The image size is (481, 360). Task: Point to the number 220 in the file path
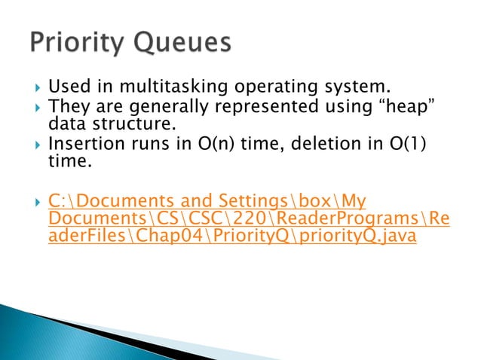pos(250,219)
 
